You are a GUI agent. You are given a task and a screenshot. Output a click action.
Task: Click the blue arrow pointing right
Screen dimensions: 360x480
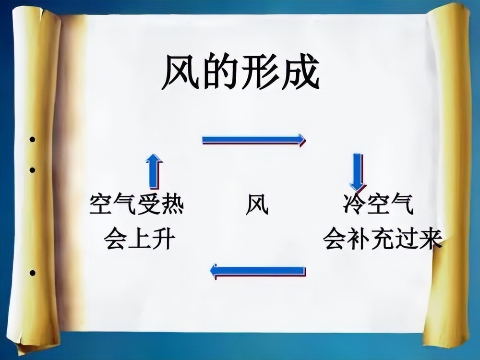pos(254,140)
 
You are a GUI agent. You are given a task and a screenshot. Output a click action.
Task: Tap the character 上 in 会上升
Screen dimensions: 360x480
pos(140,238)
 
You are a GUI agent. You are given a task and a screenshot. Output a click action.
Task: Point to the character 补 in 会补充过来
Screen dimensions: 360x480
pos(359,238)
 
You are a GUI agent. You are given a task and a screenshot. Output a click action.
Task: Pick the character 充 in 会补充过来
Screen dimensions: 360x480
pos(383,238)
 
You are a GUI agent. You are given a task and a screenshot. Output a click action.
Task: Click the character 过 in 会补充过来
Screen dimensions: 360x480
pos(407,238)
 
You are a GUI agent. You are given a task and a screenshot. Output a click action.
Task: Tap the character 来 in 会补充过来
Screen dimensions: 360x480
pos(431,238)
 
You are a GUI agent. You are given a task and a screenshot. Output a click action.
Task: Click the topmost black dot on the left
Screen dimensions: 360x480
pos(33,140)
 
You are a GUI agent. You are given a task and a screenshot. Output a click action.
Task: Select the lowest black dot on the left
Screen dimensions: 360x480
pos(33,273)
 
